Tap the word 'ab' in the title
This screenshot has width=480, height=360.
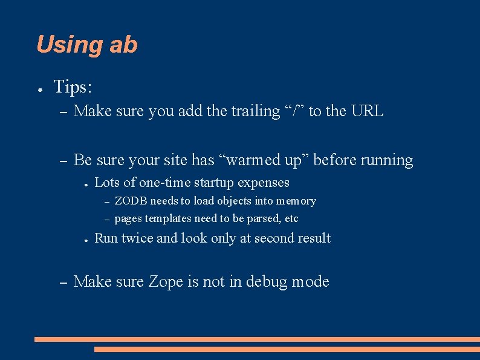(124, 45)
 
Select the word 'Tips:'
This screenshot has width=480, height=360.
(73, 87)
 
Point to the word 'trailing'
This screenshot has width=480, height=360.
(256, 111)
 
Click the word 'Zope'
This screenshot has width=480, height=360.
(166, 282)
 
